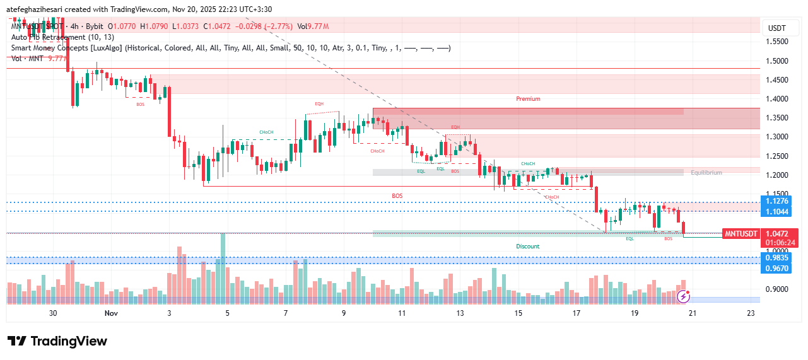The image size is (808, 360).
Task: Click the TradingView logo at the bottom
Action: tap(57, 341)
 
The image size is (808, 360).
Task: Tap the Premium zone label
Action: tap(528, 99)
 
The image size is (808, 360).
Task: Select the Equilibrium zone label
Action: tap(706, 173)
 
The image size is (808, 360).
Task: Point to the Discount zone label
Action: tap(528, 247)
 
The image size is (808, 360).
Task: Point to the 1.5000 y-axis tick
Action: tap(776, 61)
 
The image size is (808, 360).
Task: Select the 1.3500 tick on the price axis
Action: tap(776, 118)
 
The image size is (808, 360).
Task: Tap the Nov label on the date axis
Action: tap(111, 313)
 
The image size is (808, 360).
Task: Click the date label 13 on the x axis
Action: tap(460, 313)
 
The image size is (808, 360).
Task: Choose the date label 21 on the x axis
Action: tap(692, 313)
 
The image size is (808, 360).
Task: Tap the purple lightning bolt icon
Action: tap(683, 296)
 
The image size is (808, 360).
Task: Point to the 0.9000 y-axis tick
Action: tap(776, 289)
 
